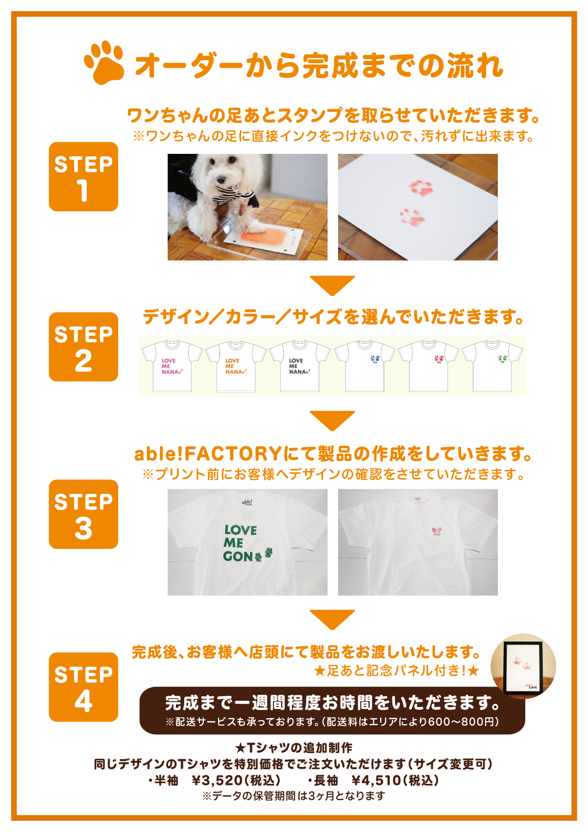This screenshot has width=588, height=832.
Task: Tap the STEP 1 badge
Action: tap(84, 176)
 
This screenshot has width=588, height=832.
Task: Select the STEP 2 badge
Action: tap(84, 346)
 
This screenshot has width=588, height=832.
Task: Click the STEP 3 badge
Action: tap(84, 514)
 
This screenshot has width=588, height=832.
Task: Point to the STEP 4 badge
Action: tap(84, 687)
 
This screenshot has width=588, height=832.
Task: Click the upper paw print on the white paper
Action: tap(421, 187)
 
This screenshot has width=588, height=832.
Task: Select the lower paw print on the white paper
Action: tap(411, 217)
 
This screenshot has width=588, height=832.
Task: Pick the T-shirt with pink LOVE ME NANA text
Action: tap(172, 366)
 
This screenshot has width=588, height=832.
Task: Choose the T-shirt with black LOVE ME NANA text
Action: tap(299, 366)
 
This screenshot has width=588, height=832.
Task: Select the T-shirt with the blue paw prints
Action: tap(365, 366)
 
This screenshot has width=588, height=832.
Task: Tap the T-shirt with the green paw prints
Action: tap(492, 366)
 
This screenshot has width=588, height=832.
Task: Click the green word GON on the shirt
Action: tap(238, 556)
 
